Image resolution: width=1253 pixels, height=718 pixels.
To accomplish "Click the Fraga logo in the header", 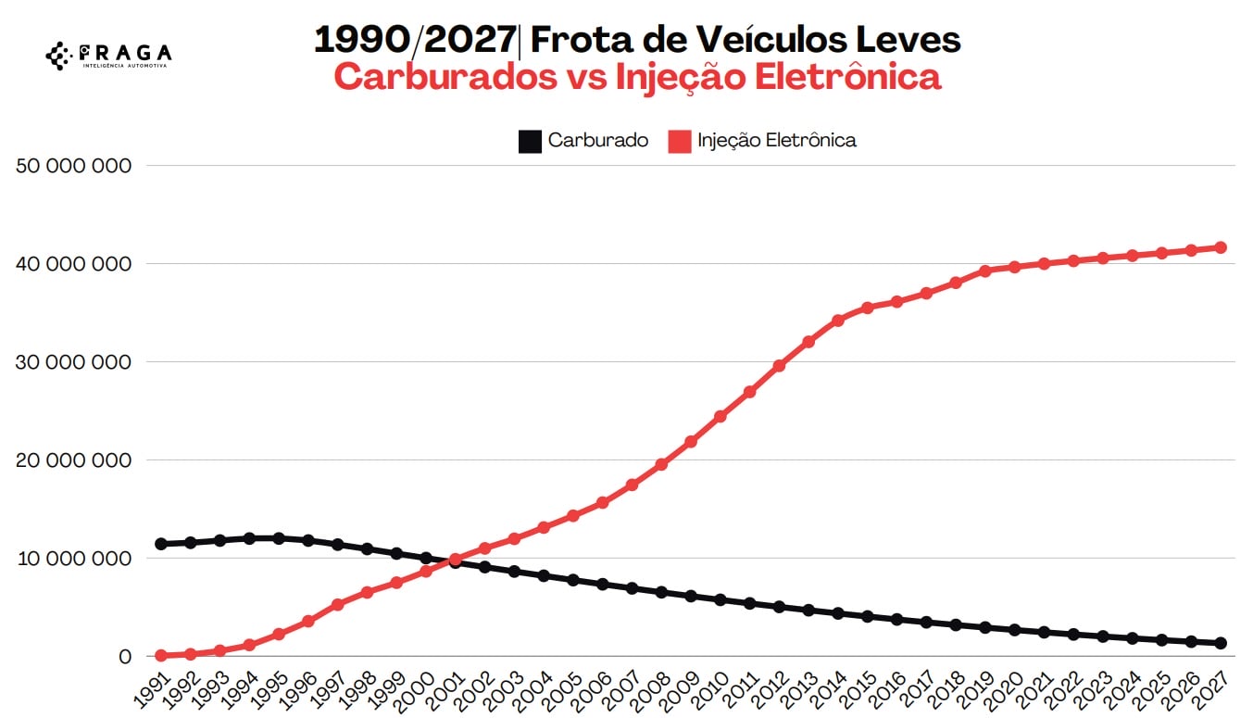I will click(108, 55).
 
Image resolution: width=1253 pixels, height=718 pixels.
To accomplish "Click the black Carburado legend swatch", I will click(529, 141).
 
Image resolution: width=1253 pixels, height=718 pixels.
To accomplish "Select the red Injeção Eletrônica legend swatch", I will click(680, 141).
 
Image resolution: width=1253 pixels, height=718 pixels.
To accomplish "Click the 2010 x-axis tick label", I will click(710, 687).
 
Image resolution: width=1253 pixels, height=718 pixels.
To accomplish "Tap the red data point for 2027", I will click(1221, 247).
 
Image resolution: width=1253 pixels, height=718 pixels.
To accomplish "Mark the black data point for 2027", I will click(1221, 643).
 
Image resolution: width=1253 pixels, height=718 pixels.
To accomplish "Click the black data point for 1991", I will click(161, 544).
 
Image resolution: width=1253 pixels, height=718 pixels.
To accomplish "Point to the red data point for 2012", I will click(779, 366).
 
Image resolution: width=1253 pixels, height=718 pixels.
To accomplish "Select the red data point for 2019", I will click(984, 271).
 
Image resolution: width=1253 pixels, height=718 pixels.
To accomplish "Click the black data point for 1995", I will click(279, 538).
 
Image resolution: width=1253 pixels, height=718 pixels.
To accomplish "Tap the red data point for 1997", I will click(338, 604).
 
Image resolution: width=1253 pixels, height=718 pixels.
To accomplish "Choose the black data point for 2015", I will click(867, 616).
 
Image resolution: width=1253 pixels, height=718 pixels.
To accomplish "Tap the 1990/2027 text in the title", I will click(415, 40).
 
